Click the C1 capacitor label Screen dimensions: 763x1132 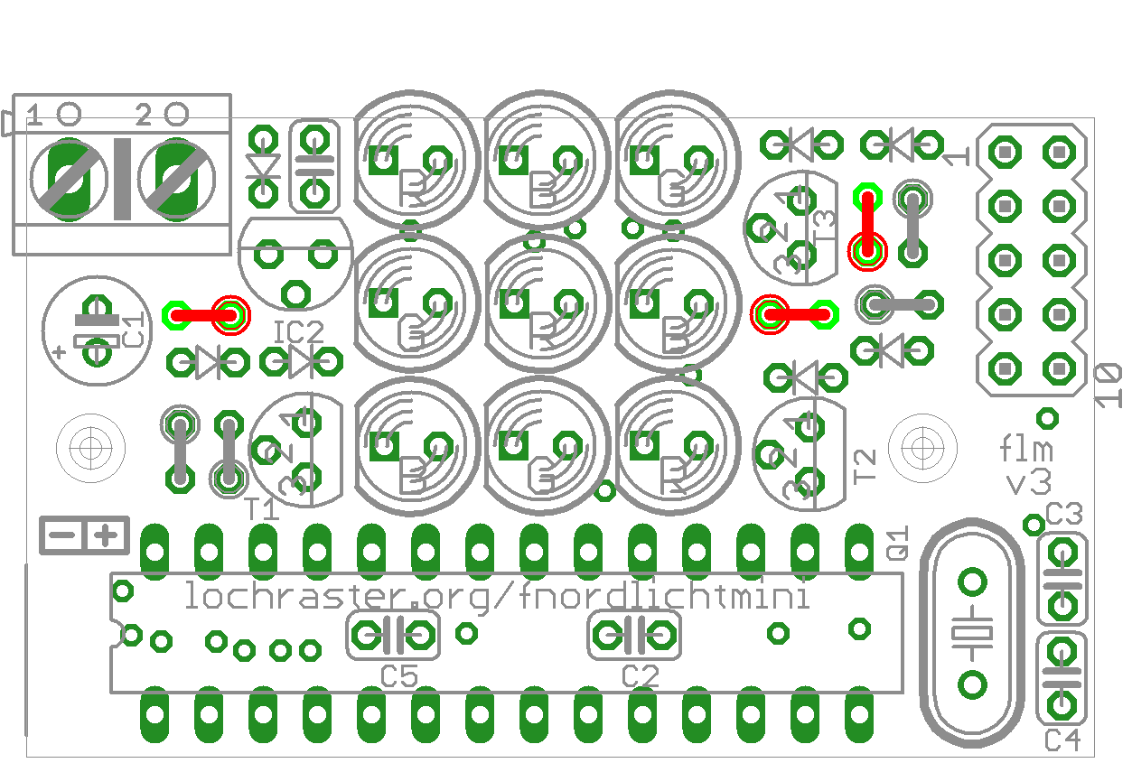point(133,331)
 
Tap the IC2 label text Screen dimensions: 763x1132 point(298,332)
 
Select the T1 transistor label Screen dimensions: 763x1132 point(262,510)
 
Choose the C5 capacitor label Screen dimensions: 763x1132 point(399,675)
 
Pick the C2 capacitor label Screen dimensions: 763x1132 point(641,675)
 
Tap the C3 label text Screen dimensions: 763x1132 point(1063,516)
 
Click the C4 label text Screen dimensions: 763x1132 point(1062,740)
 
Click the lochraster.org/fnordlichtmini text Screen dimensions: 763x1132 point(496,596)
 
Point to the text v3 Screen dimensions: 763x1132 point(1029,482)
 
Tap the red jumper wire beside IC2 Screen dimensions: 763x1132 point(204,315)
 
